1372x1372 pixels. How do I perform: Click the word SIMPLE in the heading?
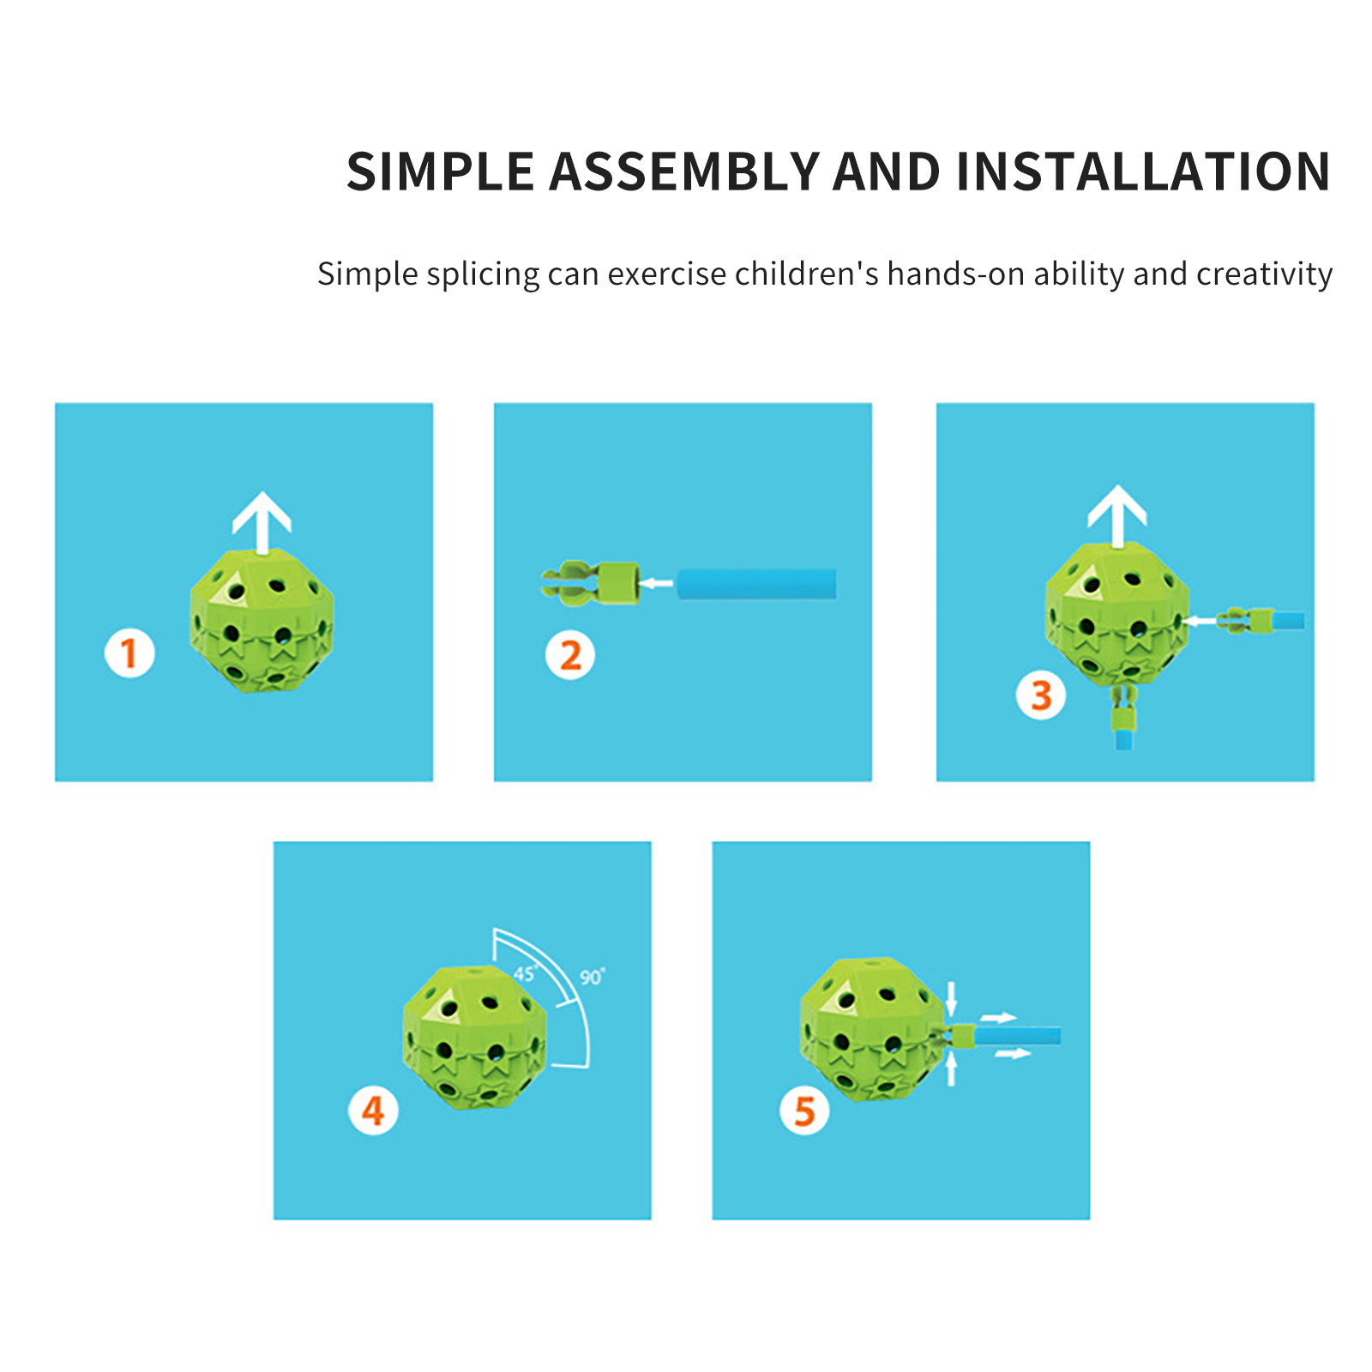440,171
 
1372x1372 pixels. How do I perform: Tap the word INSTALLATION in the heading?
1142,171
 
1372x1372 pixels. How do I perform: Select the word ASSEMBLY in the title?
683,171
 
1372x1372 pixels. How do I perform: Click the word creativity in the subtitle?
1264,274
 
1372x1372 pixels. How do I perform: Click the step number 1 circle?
129,653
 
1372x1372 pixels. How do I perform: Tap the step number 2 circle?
570,656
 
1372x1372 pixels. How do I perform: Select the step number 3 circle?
1041,695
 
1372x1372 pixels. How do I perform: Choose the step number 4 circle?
373,1110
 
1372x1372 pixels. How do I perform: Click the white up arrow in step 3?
1117,515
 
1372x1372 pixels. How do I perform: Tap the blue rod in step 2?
756,584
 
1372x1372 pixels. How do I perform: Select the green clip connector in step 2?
591,584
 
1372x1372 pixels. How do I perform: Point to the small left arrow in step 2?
657,584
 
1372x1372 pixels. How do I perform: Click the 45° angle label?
525,973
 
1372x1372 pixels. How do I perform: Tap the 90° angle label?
592,977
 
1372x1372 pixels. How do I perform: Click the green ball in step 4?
474,1037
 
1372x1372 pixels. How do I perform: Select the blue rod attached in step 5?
1017,1036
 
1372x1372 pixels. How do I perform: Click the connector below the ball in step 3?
1123,717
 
